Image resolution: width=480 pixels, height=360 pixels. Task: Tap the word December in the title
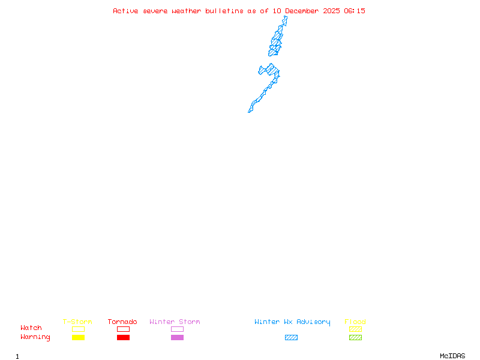click(303, 11)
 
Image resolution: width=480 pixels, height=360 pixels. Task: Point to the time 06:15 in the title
click(355, 11)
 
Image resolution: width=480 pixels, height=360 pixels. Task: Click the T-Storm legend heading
click(77, 322)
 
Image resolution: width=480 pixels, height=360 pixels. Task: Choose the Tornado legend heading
click(122, 322)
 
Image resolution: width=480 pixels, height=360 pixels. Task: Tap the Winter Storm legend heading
click(175, 322)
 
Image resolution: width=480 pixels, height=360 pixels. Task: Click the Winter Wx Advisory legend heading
click(292, 322)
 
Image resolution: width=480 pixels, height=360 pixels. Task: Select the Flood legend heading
click(355, 322)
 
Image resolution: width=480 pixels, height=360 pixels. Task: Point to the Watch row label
click(31, 328)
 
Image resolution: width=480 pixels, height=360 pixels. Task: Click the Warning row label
click(35, 337)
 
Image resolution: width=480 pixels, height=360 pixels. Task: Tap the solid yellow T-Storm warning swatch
click(78, 338)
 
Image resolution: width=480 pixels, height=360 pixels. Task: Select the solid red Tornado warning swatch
click(123, 338)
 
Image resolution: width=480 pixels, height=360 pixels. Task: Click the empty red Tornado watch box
click(123, 329)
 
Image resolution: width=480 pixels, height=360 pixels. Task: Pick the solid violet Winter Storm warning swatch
click(177, 338)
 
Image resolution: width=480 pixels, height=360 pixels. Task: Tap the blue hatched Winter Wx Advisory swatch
click(291, 338)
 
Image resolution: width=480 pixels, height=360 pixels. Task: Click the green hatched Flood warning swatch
click(355, 338)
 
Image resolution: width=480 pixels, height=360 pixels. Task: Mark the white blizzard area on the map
click(287, 26)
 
